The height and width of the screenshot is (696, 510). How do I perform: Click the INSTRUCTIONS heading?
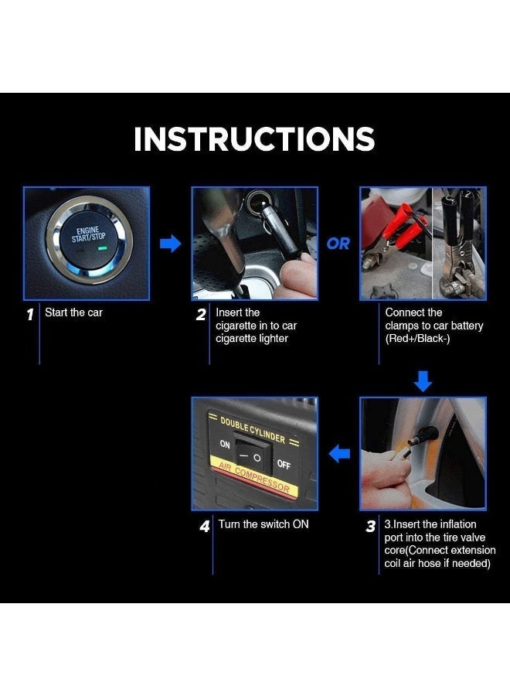click(254, 138)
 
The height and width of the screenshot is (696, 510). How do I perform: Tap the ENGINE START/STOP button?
click(89, 239)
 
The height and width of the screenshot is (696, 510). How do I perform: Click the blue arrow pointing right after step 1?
click(170, 244)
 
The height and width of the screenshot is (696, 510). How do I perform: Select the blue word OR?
click(338, 244)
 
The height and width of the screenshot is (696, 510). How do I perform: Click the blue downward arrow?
click(423, 381)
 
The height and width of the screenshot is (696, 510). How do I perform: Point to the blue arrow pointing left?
click(340, 454)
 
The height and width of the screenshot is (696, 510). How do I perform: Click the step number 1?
click(29, 315)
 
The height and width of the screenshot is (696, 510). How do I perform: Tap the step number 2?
click(201, 315)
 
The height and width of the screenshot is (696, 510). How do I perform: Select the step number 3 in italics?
click(371, 527)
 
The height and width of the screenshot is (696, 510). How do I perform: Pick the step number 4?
click(205, 527)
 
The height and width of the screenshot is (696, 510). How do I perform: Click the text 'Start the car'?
click(73, 312)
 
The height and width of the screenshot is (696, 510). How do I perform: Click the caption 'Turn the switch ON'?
click(263, 524)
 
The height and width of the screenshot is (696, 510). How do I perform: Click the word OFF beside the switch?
click(284, 464)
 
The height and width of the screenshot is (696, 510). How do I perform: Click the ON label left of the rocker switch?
click(225, 444)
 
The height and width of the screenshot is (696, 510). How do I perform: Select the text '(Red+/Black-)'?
click(417, 339)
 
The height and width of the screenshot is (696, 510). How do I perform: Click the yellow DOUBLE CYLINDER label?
click(253, 430)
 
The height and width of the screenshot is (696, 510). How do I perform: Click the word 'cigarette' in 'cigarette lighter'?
click(233, 338)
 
